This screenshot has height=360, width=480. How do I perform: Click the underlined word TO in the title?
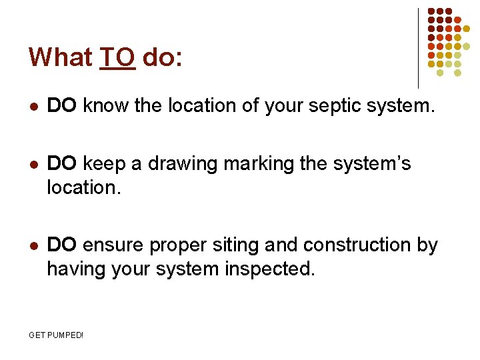pos(117,57)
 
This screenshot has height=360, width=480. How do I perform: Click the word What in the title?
pos(59,57)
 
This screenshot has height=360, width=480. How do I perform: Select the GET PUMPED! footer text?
pos(57,335)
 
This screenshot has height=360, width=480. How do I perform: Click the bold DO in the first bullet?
pos(63,105)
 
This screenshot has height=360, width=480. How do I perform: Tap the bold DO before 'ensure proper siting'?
pos(63,245)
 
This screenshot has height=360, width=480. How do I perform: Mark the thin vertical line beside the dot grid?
pos(418,48)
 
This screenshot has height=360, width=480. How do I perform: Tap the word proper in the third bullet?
pos(173,246)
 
